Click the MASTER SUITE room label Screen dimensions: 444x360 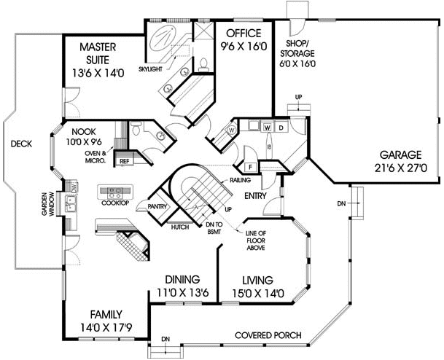(x=98, y=60)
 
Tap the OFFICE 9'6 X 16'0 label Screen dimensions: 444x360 (x=244, y=39)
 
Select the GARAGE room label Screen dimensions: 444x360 (x=401, y=162)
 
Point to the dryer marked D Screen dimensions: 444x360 (x=281, y=128)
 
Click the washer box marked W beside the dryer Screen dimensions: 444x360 (x=268, y=128)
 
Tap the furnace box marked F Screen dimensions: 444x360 (x=250, y=167)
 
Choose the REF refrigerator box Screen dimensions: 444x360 (x=125, y=161)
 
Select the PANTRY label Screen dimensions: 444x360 (x=157, y=207)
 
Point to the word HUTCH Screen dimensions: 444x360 (x=180, y=227)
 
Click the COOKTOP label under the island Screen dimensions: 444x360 (x=115, y=203)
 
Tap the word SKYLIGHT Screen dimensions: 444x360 (x=150, y=69)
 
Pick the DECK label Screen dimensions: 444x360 (x=21, y=144)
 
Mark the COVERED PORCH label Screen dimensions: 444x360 (x=268, y=335)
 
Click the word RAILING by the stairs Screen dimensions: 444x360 (x=240, y=180)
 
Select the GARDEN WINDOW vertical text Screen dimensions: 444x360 (x=47, y=204)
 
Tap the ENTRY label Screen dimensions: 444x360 (x=255, y=195)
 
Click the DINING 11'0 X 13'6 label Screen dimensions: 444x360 (x=183, y=286)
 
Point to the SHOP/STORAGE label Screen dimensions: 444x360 (x=297, y=53)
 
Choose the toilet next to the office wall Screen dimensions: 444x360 (x=203, y=65)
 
